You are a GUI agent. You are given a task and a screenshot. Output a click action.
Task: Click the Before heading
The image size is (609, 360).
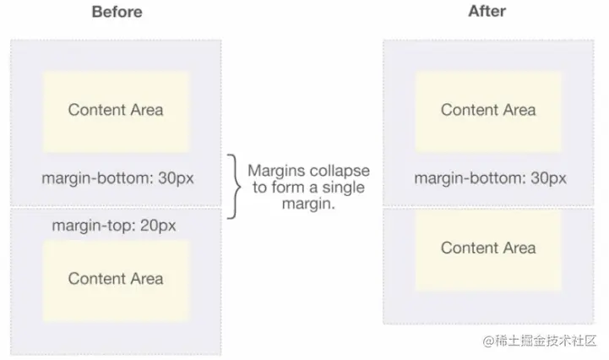coord(117,12)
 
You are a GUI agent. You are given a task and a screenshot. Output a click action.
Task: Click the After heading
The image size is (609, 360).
coord(487,11)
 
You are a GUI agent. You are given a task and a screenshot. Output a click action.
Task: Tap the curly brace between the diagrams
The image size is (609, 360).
coord(233,187)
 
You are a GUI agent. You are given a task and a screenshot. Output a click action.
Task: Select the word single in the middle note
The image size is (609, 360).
coord(343,188)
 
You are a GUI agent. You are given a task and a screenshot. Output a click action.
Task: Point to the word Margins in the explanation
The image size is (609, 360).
coord(275,171)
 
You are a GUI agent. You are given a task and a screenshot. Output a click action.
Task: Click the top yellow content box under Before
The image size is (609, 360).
coord(116,112)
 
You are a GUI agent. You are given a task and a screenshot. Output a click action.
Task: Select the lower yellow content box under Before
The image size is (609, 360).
coord(116,281)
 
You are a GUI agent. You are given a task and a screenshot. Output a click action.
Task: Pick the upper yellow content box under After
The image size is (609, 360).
coord(488,112)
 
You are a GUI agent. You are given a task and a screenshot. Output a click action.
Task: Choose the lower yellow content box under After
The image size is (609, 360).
coord(488,249)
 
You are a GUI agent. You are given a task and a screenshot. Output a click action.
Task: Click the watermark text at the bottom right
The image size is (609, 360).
coord(540,341)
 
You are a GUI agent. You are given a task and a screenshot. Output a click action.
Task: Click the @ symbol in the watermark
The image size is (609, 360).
coord(488,341)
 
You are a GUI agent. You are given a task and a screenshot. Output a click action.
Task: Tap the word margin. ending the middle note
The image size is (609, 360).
coord(308,204)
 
